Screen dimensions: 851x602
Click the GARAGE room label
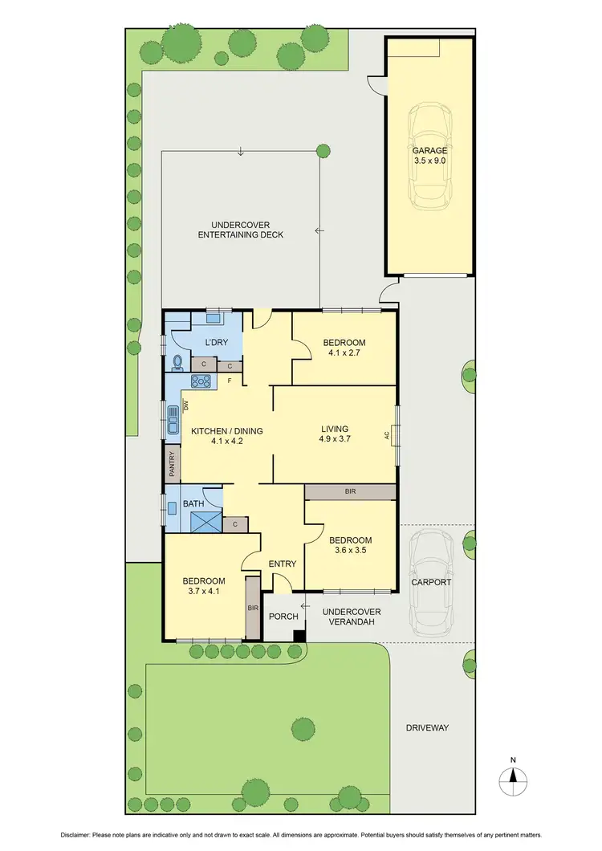pyautogui.click(x=429, y=150)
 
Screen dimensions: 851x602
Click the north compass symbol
pyautogui.click(x=513, y=776)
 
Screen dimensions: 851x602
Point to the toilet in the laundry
pyautogui.click(x=177, y=362)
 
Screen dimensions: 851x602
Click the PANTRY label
pyautogui.click(x=172, y=465)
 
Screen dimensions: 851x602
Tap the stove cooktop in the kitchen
pyautogui.click(x=201, y=381)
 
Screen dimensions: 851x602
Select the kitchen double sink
pyautogui.click(x=173, y=420)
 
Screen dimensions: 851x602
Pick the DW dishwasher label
pyautogui.click(x=185, y=406)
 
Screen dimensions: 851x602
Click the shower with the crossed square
pyautogui.click(x=205, y=523)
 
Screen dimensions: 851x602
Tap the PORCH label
pyautogui.click(x=283, y=617)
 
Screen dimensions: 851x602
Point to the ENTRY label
pyautogui.click(x=283, y=564)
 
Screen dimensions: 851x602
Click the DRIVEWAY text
pyautogui.click(x=426, y=727)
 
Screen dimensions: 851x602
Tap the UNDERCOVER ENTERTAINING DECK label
pyautogui.click(x=241, y=230)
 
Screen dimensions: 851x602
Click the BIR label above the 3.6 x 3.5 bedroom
pyautogui.click(x=351, y=491)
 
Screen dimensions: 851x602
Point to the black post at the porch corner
pyautogui.click(x=299, y=636)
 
